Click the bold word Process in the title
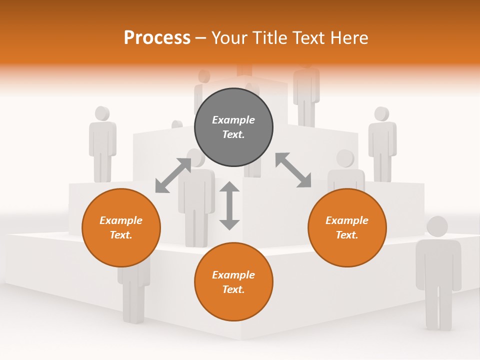pyautogui.click(x=157, y=38)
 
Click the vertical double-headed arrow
pyautogui.click(x=229, y=205)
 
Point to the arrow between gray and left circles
pyautogui.click(x=173, y=175)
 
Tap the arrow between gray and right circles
pyautogui.click(x=293, y=170)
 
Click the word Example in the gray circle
pyautogui.click(x=233, y=120)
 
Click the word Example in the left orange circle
pyautogui.click(x=121, y=220)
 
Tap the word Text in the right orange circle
pyautogui.click(x=346, y=235)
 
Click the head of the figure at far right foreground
pyautogui.click(x=437, y=226)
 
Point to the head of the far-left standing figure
pyautogui.click(x=101, y=113)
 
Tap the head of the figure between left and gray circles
pyautogui.click(x=196, y=157)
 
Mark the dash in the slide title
pyautogui.click(x=201, y=38)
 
